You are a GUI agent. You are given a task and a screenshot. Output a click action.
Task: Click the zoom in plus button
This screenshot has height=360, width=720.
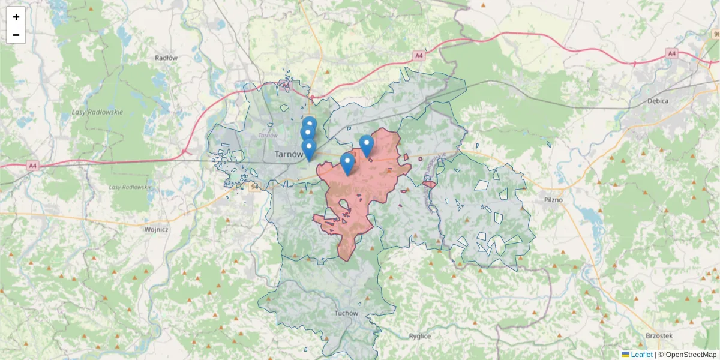[x=16, y=17]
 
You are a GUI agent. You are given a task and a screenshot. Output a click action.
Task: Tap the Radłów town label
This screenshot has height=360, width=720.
[x=166, y=58]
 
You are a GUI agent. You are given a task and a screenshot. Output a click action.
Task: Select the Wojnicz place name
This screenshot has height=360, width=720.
[x=157, y=229]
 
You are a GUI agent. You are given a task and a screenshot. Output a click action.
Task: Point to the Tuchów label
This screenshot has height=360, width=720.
[x=347, y=313]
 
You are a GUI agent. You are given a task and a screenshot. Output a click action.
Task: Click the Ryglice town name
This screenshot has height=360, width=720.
[x=420, y=336]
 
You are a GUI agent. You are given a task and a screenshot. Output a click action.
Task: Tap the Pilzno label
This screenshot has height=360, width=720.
[x=552, y=199]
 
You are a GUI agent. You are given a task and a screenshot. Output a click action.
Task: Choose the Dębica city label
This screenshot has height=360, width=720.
[x=658, y=101]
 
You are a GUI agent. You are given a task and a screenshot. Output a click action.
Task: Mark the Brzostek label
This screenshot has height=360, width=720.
[x=659, y=336]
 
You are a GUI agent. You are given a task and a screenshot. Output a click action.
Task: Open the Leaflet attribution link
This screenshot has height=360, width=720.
[x=641, y=355]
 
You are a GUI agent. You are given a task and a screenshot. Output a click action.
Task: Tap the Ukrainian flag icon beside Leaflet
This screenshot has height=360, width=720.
[x=626, y=355]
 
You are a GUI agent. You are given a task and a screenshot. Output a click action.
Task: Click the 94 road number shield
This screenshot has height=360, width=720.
[x=254, y=187]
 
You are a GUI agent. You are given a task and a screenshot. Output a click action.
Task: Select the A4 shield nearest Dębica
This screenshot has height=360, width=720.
[x=672, y=54]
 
